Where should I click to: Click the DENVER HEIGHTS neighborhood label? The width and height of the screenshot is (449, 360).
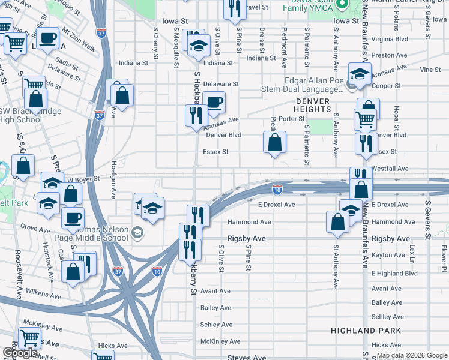pos(312,106)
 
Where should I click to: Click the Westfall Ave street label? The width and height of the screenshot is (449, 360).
pos(390,169)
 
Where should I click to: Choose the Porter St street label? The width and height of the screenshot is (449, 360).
pos(292,119)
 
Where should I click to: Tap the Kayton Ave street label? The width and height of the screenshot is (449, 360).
pos(389,256)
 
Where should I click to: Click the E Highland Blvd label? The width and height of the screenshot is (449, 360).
pos(394,273)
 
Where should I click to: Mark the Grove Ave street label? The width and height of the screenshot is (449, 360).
pos(35,227)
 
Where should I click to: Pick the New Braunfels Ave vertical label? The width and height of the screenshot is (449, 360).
pos(365,234)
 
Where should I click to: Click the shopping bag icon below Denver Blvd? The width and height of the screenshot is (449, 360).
pos(274,143)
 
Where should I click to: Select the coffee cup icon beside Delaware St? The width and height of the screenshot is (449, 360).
pos(214,102)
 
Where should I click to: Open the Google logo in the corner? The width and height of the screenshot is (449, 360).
pos(20,353)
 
